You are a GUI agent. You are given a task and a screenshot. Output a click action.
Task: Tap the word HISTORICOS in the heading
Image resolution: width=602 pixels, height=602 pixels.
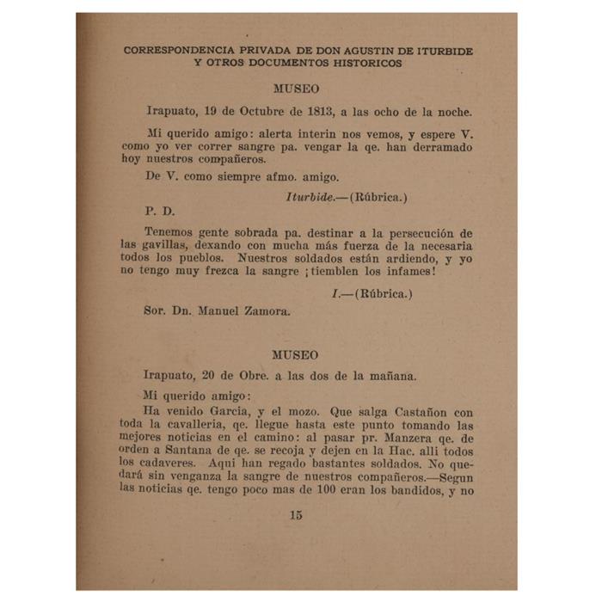[x=366, y=64]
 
